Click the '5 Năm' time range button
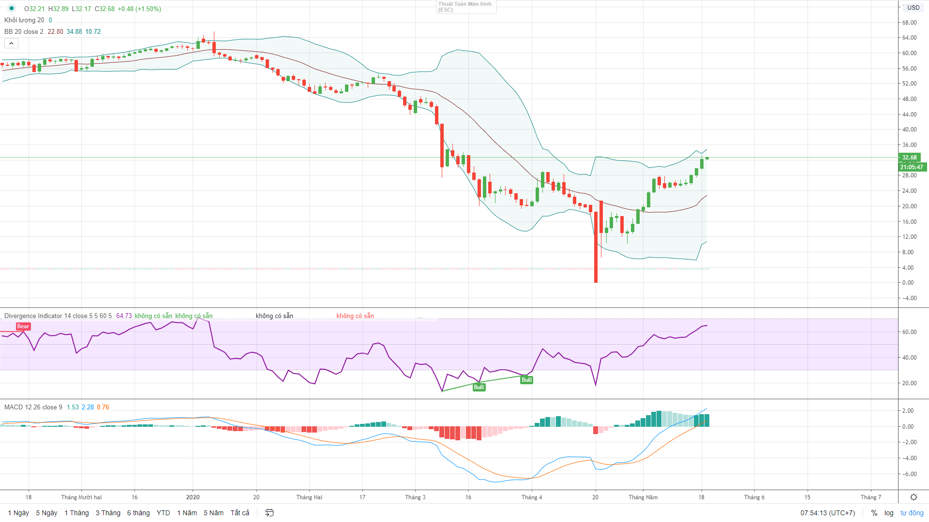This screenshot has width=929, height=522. pyautogui.click(x=213, y=513)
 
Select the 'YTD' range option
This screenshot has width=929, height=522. pyautogui.click(x=163, y=513)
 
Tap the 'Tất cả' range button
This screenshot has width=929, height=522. pyautogui.click(x=240, y=513)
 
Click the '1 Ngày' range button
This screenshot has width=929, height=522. pyautogui.click(x=18, y=513)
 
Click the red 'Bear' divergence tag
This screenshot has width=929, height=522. pyautogui.click(x=23, y=326)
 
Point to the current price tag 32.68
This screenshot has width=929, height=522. pyautogui.click(x=909, y=158)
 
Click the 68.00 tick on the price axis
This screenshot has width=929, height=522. pyautogui.click(x=909, y=22)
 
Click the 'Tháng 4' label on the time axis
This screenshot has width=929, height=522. pyautogui.click(x=531, y=497)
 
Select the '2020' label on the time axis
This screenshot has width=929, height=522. pyautogui.click(x=193, y=497)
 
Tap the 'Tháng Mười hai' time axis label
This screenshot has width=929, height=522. pyautogui.click(x=81, y=497)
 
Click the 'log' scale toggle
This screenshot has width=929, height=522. pyautogui.click(x=889, y=513)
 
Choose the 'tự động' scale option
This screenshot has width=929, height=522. pyautogui.click(x=912, y=513)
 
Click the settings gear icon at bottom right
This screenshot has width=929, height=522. pyautogui.click(x=914, y=497)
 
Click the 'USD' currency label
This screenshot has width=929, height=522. pyautogui.click(x=914, y=7)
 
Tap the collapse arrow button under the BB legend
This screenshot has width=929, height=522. pyautogui.click(x=11, y=43)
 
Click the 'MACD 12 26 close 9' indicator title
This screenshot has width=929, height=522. pyautogui.click(x=33, y=407)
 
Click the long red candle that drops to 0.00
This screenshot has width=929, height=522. pyautogui.click(x=596, y=246)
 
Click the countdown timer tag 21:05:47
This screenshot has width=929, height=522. pyautogui.click(x=912, y=167)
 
